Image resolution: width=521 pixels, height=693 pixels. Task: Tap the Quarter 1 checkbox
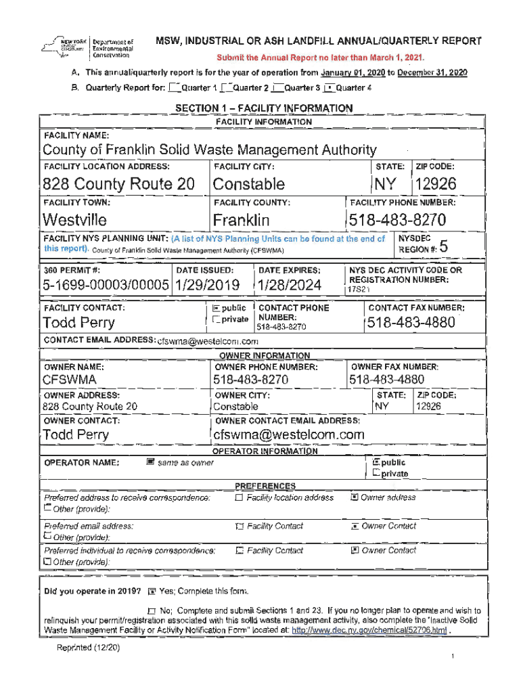point(175,88)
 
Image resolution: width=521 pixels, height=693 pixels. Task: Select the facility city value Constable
point(248,184)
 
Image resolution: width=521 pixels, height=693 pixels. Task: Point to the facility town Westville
point(74,220)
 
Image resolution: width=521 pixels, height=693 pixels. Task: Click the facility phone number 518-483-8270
point(397,220)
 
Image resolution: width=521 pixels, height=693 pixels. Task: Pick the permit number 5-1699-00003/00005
point(105,286)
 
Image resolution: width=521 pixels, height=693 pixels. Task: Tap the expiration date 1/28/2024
point(290,286)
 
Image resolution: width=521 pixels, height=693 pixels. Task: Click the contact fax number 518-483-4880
point(411,323)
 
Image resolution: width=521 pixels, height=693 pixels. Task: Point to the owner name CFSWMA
point(69,380)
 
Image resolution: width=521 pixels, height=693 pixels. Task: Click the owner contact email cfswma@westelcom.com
point(289,434)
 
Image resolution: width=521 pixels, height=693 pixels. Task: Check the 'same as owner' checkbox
point(150,462)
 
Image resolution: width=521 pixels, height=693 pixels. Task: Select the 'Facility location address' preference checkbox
point(239,497)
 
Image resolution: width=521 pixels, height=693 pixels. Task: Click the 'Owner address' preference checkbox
point(354,497)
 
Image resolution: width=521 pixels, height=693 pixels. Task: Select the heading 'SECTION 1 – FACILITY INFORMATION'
point(264,108)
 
